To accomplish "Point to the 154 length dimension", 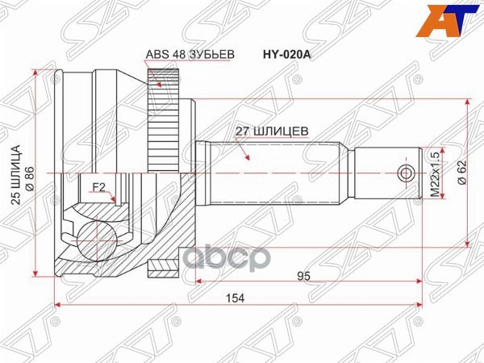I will (x=235, y=297).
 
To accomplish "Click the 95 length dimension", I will (x=304, y=275).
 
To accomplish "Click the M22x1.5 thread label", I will (x=436, y=173).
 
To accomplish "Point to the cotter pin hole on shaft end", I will (x=406, y=173).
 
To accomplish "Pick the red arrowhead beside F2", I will (x=115, y=199).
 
